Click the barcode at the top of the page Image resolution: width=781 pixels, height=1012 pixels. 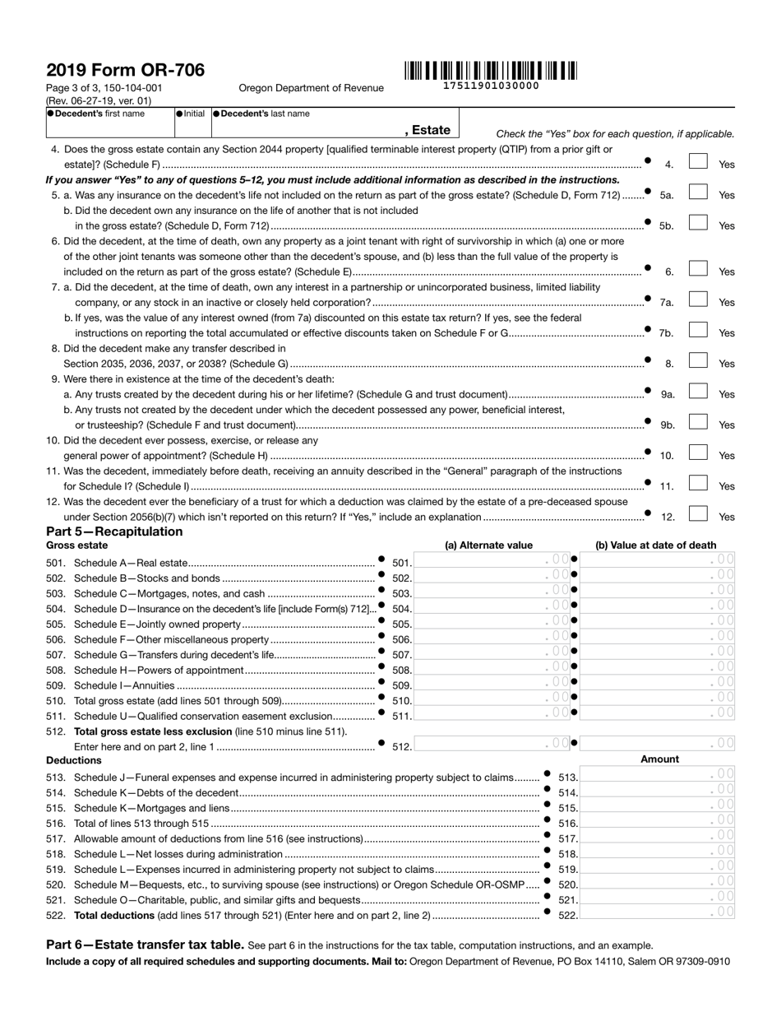(491, 70)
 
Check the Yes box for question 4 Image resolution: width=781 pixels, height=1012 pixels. (698, 163)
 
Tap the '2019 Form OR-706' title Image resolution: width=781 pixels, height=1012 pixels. (125, 70)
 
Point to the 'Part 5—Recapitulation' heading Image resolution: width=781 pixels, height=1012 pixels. (114, 532)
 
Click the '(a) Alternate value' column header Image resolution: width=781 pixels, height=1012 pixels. (488, 545)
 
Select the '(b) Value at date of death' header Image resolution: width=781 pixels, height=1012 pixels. (655, 545)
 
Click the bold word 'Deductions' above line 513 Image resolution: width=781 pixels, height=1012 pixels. (74, 760)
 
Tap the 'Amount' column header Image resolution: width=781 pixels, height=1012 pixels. (659, 759)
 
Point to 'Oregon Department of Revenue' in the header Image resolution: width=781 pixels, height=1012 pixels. (311, 88)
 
